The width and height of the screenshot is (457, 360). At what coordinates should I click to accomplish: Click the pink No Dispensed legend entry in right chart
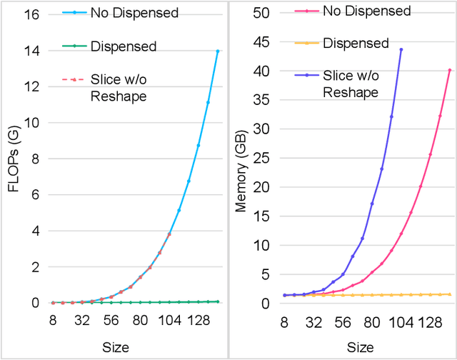pos(357,11)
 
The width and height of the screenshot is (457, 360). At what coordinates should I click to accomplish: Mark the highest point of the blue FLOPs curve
pos(218,51)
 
